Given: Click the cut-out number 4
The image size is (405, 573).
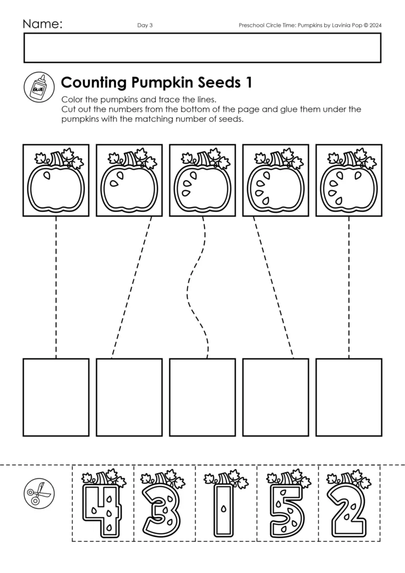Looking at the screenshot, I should coord(103,504).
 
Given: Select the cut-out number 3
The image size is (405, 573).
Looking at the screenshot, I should coord(164,504).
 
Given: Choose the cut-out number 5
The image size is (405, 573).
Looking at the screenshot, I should coord(287,504).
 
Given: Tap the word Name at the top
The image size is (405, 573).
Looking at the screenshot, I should coord(42,24).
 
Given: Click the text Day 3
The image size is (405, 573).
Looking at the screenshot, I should coord(144,25).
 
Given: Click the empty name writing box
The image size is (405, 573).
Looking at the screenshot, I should coord(202,48).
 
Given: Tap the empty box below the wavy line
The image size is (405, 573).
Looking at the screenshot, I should coord(202,397).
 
